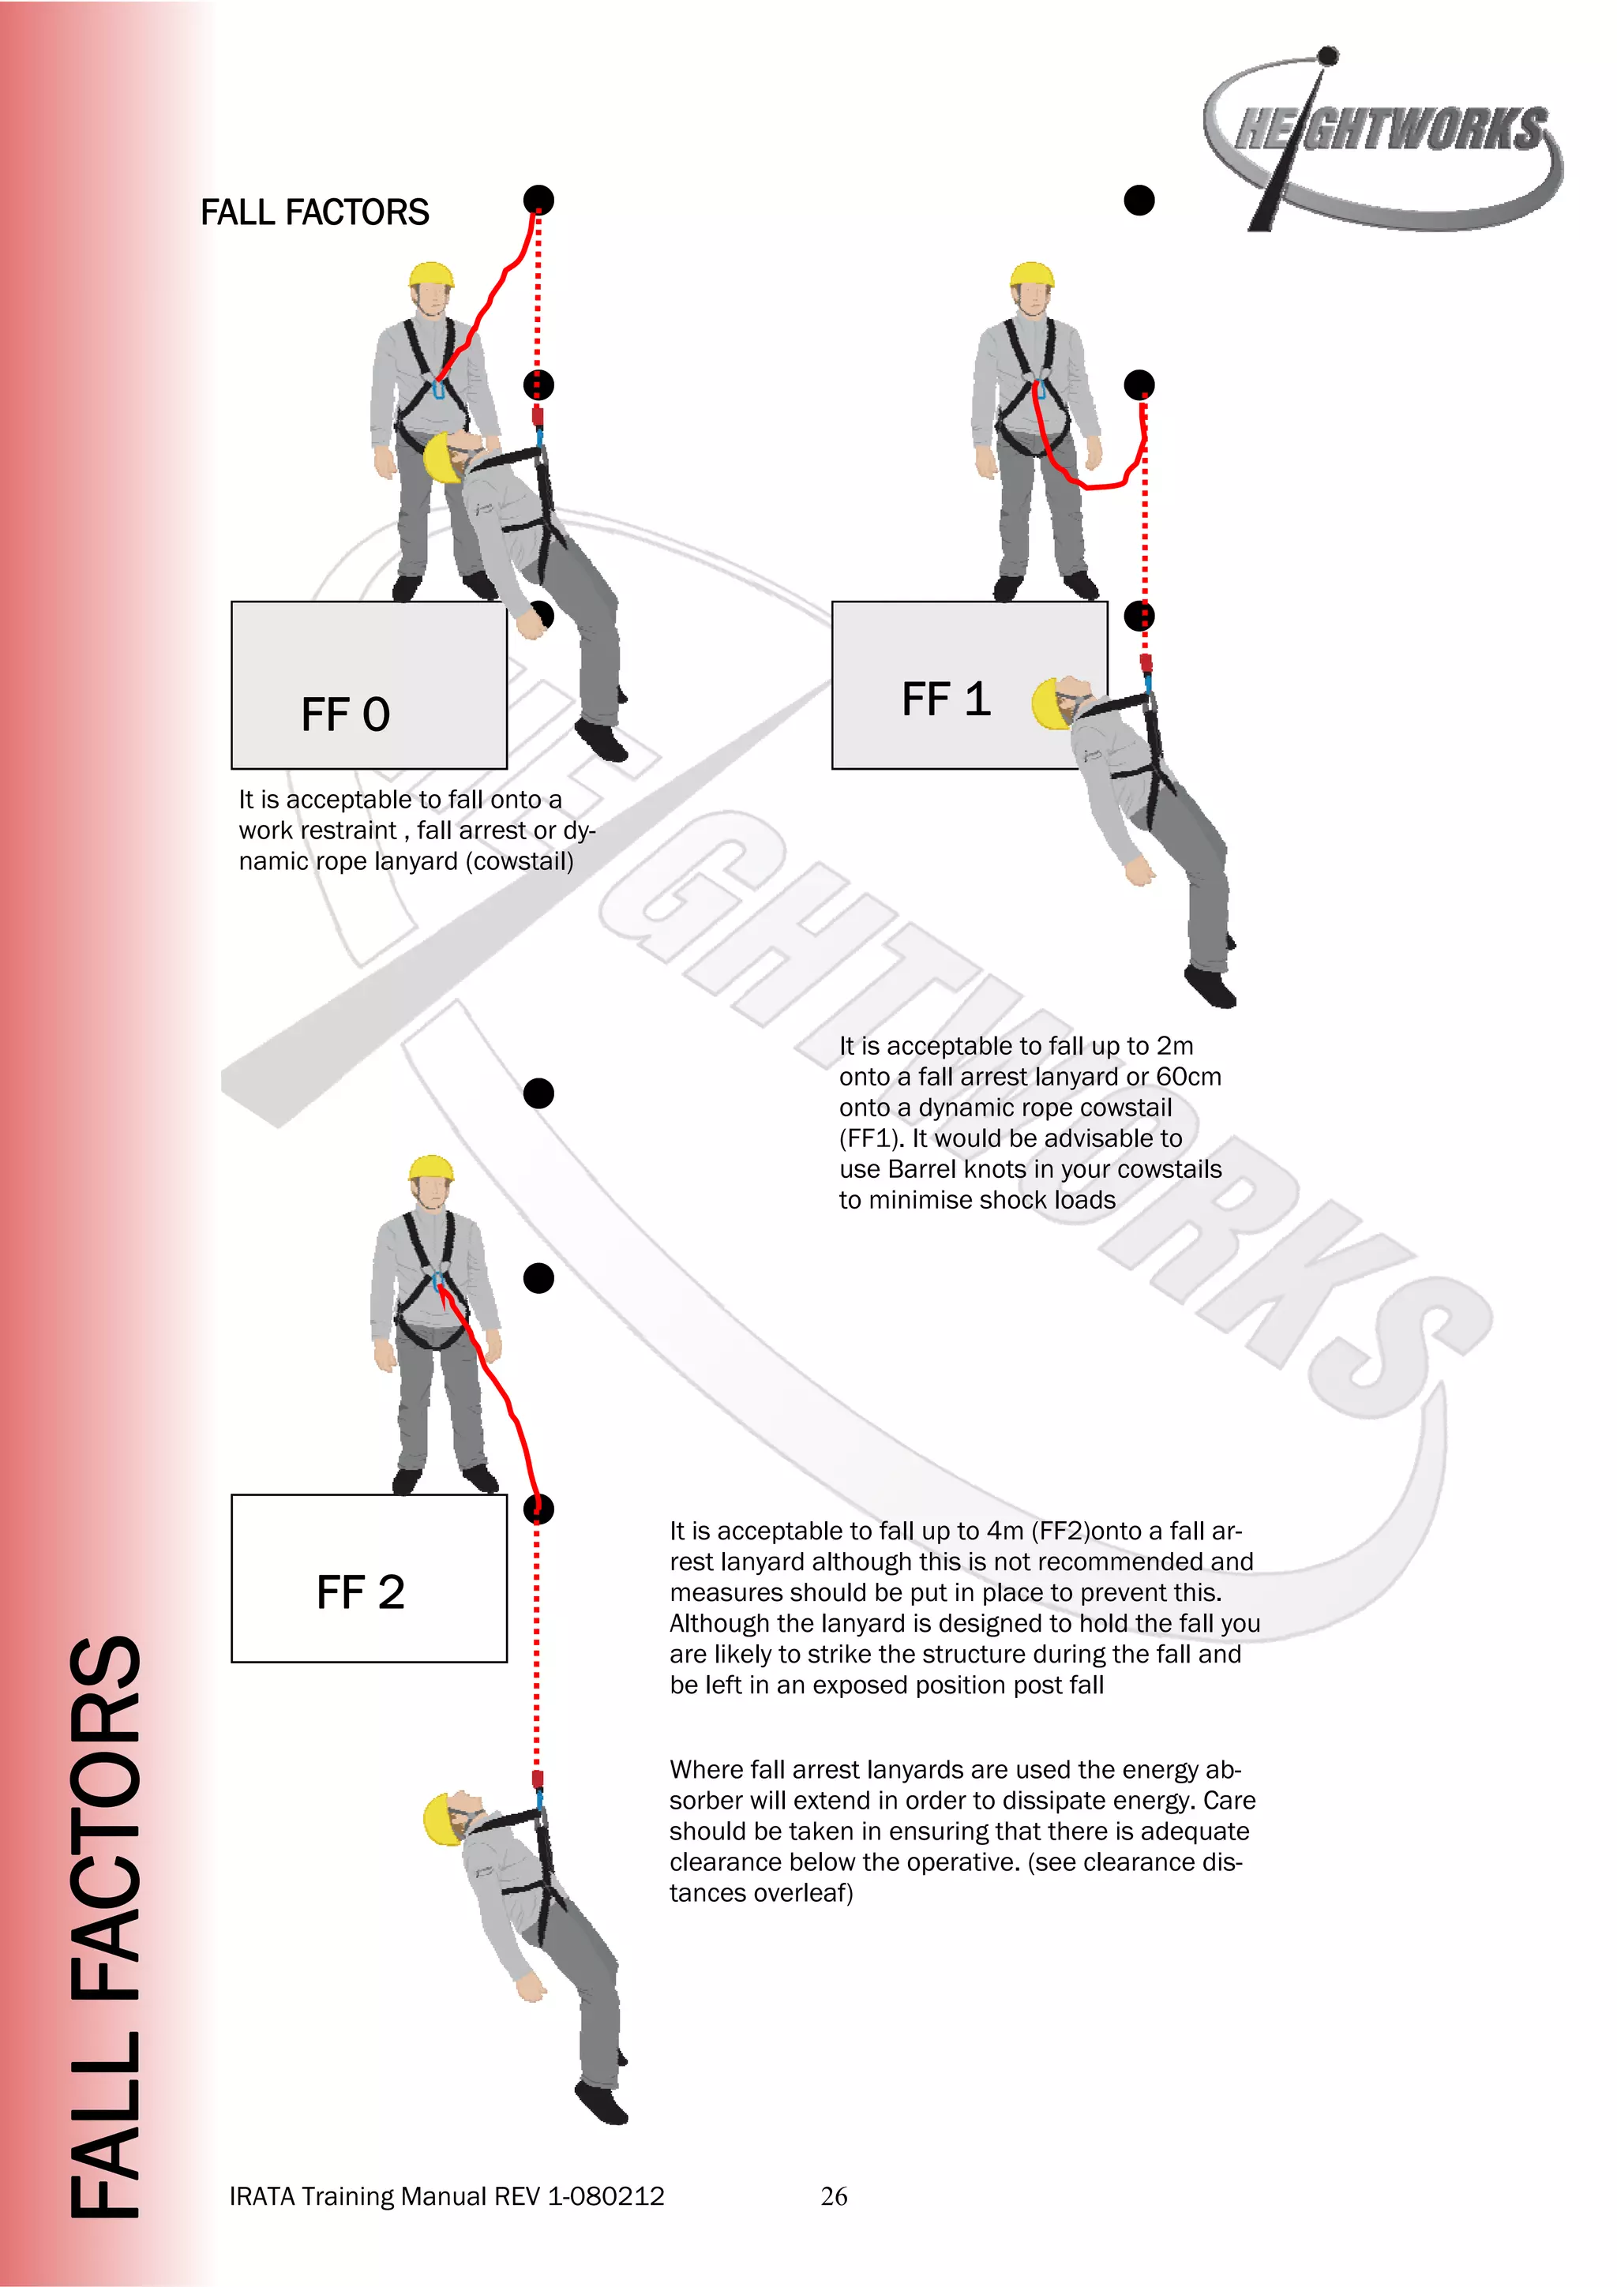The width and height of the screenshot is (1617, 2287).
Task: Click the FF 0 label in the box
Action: click(x=345, y=715)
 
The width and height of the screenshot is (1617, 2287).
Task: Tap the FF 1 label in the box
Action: click(x=946, y=699)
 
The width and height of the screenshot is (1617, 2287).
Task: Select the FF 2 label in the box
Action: click(x=360, y=1592)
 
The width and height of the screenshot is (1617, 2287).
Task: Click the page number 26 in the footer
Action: click(x=834, y=2195)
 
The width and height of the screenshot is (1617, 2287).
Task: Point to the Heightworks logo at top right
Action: click(x=1386, y=140)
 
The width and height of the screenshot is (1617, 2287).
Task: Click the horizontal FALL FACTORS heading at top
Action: click(x=315, y=212)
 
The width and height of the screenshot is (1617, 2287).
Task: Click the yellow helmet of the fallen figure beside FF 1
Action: click(x=1047, y=703)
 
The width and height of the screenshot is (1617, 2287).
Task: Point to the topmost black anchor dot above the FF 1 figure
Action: click(x=1139, y=201)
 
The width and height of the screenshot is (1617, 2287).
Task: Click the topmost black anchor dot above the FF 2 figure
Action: click(x=539, y=1093)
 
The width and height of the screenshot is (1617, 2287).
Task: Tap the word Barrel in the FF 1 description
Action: click(x=924, y=1169)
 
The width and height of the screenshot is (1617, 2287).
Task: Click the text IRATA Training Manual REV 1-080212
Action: click(x=446, y=2196)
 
